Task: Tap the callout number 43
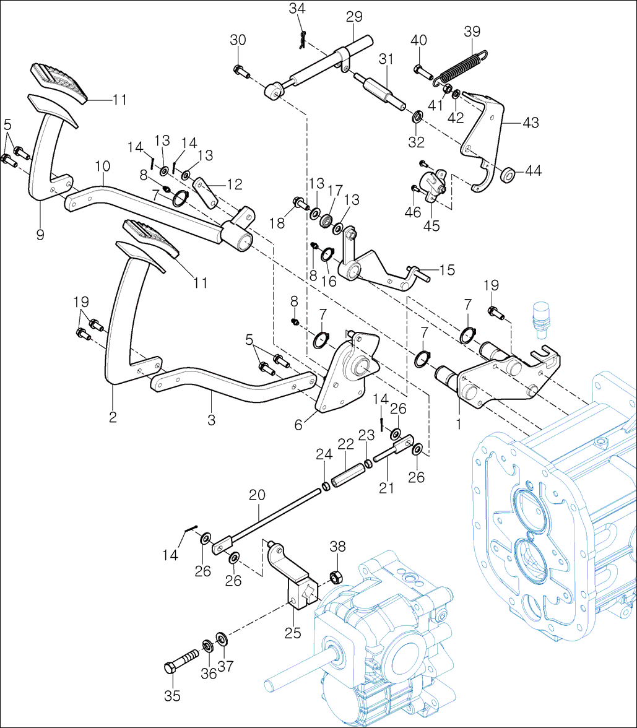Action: (x=530, y=123)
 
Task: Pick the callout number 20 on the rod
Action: (x=257, y=495)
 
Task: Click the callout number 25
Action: (x=293, y=633)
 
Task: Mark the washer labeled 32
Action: (x=417, y=116)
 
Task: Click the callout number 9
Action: (x=40, y=235)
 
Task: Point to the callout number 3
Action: (x=212, y=420)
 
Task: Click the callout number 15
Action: (x=446, y=270)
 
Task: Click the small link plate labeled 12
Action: (x=206, y=192)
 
